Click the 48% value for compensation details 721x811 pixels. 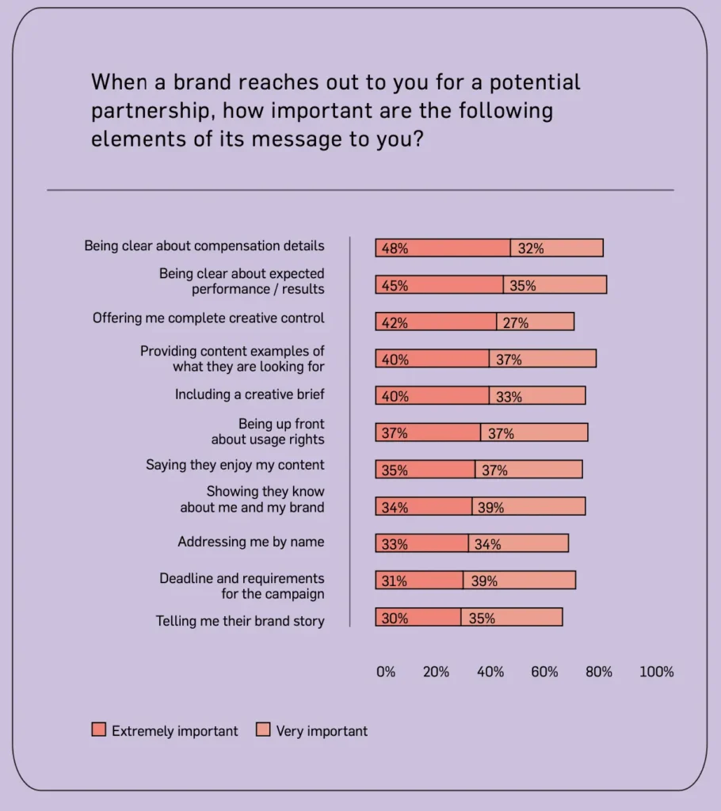click(x=395, y=249)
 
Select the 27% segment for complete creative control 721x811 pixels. click(x=535, y=322)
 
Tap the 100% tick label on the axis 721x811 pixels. click(x=656, y=672)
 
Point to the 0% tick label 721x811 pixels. click(x=385, y=672)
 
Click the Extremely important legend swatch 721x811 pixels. click(x=98, y=730)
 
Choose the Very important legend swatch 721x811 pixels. click(x=263, y=730)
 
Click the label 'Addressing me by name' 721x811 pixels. click(x=250, y=543)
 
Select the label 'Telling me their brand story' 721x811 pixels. click(x=240, y=621)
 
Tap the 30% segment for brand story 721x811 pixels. click(x=418, y=618)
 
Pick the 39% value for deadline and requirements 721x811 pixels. click(x=484, y=581)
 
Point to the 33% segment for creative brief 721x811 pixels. click(x=537, y=396)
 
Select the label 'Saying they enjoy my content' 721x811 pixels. click(x=235, y=465)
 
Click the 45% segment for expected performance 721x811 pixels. click(x=439, y=285)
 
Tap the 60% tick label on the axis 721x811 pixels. click(x=544, y=672)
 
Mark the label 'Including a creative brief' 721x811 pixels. click(x=250, y=394)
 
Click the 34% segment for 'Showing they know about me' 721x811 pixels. click(x=424, y=507)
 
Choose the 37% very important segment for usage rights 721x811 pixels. click(x=534, y=432)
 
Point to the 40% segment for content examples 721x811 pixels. click(x=432, y=359)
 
